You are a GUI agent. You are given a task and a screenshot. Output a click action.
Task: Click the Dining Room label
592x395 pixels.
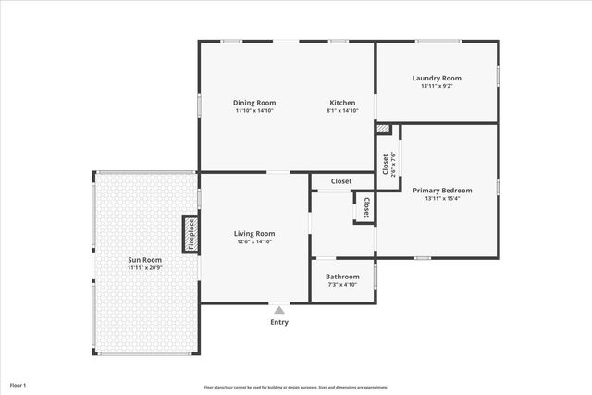tap(253, 103)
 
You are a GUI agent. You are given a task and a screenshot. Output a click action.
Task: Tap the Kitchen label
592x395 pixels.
tap(342, 103)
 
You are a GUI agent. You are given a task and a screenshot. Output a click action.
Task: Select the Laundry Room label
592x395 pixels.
tap(437, 79)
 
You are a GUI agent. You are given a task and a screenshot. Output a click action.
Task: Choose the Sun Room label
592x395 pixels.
tap(144, 260)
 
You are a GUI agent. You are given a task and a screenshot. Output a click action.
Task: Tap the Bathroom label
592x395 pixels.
tap(342, 277)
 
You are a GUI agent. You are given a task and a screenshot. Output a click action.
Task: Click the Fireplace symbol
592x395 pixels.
tap(191, 234)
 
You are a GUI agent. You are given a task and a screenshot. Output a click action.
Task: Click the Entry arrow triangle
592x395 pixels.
tap(279, 310)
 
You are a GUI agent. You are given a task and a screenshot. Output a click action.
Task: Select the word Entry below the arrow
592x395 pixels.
tap(279, 323)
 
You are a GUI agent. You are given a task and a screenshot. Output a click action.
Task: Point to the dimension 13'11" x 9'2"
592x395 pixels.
tap(437, 87)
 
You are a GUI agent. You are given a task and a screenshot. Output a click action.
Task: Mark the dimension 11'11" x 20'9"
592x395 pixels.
tap(144, 268)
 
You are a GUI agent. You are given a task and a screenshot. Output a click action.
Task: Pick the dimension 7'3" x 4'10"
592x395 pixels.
tap(342, 285)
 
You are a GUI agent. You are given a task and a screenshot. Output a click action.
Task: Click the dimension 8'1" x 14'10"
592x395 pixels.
tap(342, 111)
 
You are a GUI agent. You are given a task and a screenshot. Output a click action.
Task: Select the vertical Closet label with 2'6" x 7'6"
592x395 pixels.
tap(386, 163)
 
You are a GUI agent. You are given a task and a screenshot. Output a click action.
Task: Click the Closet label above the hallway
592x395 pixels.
tap(341, 181)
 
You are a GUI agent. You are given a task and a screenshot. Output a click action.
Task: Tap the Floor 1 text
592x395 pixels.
tap(18, 384)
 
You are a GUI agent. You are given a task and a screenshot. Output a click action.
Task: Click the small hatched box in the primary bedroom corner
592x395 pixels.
tap(384, 130)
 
